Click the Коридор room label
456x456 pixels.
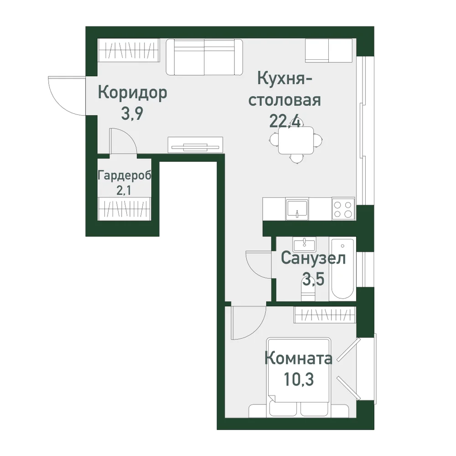pyautogui.click(x=133, y=93)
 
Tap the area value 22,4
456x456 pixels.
pyautogui.click(x=285, y=121)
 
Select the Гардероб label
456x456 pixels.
pyautogui.click(x=124, y=176)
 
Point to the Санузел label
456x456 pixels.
pyautogui.click(x=313, y=258)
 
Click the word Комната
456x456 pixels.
pyautogui.click(x=298, y=358)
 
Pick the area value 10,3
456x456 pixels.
pyautogui.click(x=299, y=379)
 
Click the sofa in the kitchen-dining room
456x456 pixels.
pyautogui.click(x=204, y=57)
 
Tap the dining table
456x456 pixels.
pyautogui.click(x=296, y=140)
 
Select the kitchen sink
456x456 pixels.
pyautogui.click(x=297, y=209)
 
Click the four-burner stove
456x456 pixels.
pyautogui.click(x=343, y=209)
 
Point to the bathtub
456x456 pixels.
pyautogui.click(x=342, y=269)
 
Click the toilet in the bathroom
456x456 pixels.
pyautogui.click(x=308, y=292)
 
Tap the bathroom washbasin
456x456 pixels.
pyautogui.click(x=305, y=244)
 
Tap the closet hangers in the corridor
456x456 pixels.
pyautogui.click(x=129, y=50)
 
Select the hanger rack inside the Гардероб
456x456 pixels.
pyautogui.click(x=124, y=208)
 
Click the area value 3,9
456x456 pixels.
pyautogui.click(x=132, y=114)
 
